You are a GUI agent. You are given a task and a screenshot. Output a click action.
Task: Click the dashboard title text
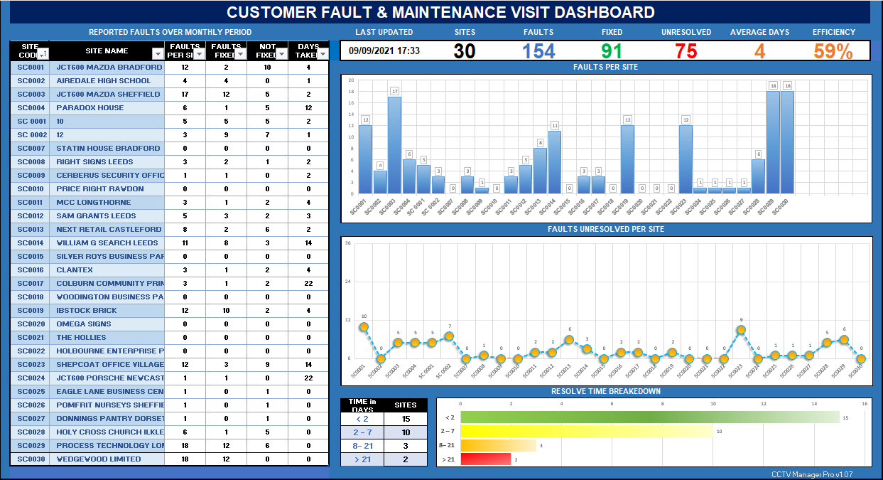tap(440, 12)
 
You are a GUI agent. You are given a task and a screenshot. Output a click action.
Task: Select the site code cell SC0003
tap(31, 94)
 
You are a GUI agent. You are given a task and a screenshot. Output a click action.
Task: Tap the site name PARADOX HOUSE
tap(90, 107)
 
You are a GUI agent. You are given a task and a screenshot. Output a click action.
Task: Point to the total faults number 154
tap(538, 51)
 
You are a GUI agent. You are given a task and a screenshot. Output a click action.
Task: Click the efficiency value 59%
tap(833, 51)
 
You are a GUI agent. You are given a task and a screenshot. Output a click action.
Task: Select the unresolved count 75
tap(686, 51)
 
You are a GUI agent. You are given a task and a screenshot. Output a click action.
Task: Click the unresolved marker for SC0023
tap(741, 329)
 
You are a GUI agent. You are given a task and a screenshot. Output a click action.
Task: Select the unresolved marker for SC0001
tap(364, 327)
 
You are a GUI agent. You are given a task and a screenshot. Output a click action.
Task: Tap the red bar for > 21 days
tap(486, 459)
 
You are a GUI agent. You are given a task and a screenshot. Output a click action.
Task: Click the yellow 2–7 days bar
tap(587, 431)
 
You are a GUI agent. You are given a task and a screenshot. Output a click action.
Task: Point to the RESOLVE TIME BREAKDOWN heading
tap(606, 391)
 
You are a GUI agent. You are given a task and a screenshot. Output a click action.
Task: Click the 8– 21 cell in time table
tap(362, 446)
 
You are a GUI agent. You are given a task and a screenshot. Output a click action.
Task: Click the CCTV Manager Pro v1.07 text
tap(811, 474)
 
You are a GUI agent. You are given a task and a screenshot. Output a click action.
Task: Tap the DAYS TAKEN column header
tap(308, 50)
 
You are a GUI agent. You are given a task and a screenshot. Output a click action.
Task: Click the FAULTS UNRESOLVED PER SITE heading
tap(606, 229)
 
